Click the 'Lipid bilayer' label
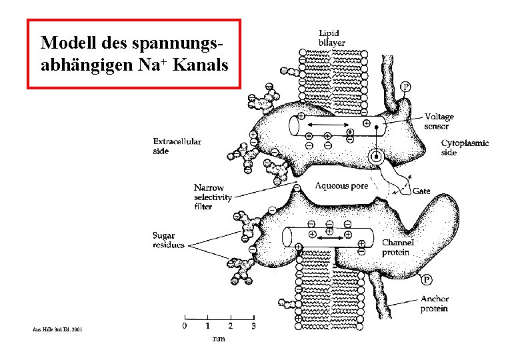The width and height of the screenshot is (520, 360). click(x=331, y=37)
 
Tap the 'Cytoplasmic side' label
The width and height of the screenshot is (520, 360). click(x=465, y=147)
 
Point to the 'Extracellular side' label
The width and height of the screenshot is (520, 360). click(x=177, y=146)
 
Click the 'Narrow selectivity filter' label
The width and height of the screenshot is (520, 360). click(x=213, y=197)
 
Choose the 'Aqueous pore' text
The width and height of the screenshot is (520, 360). click(x=341, y=186)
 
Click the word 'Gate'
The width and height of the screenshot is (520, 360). click(x=421, y=191)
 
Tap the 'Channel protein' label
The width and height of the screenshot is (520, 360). click(x=397, y=247)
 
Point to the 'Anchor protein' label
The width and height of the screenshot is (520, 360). click(x=434, y=304)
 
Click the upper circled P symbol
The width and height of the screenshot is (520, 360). click(x=406, y=87)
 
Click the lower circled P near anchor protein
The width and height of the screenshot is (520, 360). click(x=425, y=279)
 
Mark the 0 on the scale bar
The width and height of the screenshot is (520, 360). click(x=185, y=327)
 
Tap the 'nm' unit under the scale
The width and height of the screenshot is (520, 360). click(x=218, y=339)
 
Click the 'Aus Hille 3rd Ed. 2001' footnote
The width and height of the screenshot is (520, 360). click(x=57, y=329)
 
